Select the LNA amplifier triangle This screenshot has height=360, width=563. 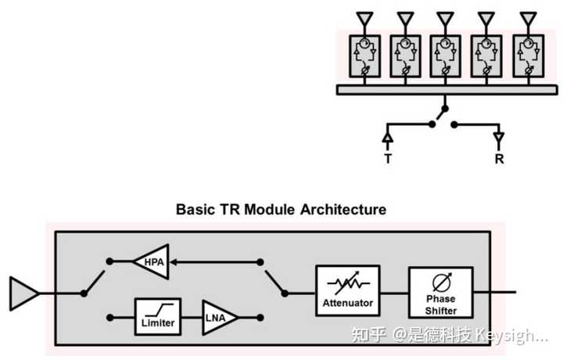click(218, 318)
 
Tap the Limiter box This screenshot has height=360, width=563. click(158, 317)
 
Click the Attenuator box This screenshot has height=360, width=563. click(347, 290)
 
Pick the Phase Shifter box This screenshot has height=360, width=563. click(440, 293)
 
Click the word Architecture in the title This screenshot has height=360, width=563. click(343, 210)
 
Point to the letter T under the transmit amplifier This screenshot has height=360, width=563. click(388, 158)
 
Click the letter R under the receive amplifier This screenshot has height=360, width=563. click(499, 158)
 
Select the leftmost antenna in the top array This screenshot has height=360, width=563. click(364, 18)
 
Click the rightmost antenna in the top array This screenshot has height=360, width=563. click(528, 18)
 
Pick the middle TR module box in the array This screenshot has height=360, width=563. click(445, 56)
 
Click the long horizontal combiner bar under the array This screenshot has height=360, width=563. click(447, 90)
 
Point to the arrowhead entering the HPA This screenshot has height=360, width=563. click(173, 262)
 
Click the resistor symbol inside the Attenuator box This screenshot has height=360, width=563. click(348, 283)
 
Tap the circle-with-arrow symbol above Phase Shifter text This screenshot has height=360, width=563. click(442, 283)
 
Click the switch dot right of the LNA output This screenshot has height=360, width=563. click(260, 318)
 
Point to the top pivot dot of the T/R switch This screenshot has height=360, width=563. click(445, 109)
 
